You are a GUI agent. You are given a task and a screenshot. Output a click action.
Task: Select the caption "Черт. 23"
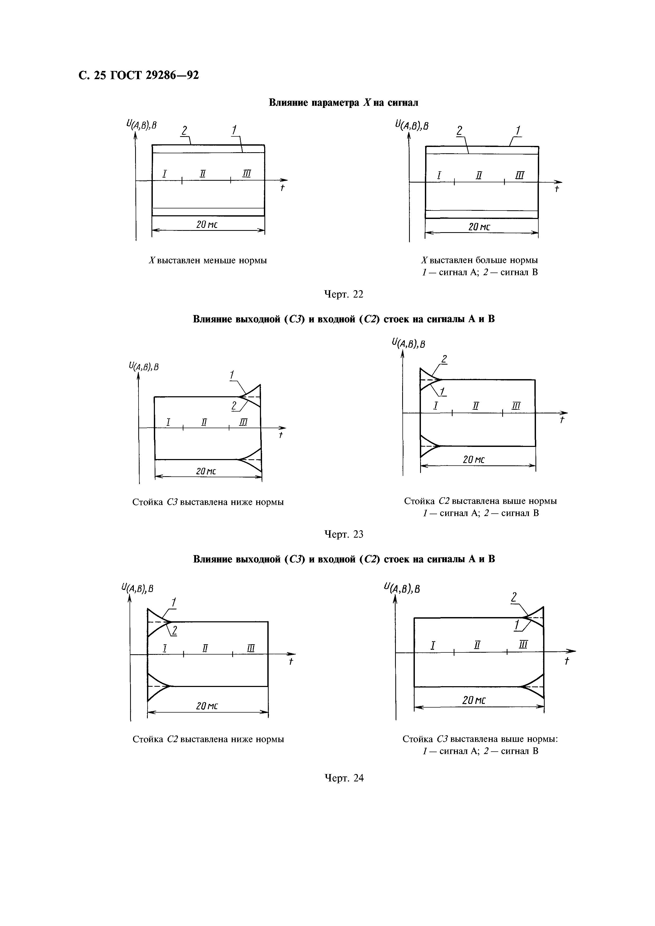point(344,534)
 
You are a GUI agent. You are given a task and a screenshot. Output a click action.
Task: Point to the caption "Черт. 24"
point(344,778)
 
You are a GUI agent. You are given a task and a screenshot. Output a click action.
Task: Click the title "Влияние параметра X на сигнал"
point(344,103)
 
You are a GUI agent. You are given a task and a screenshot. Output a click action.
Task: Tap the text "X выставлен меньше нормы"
point(208,261)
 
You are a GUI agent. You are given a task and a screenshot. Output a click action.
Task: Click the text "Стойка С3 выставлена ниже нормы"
point(208,502)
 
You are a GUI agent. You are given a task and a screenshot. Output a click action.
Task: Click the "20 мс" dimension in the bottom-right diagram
point(474,700)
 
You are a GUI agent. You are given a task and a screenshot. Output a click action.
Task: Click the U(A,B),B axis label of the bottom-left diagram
point(137,589)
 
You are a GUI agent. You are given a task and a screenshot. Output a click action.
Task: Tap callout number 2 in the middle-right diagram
point(444,358)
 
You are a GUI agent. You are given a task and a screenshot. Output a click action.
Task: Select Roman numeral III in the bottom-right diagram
point(524,645)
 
